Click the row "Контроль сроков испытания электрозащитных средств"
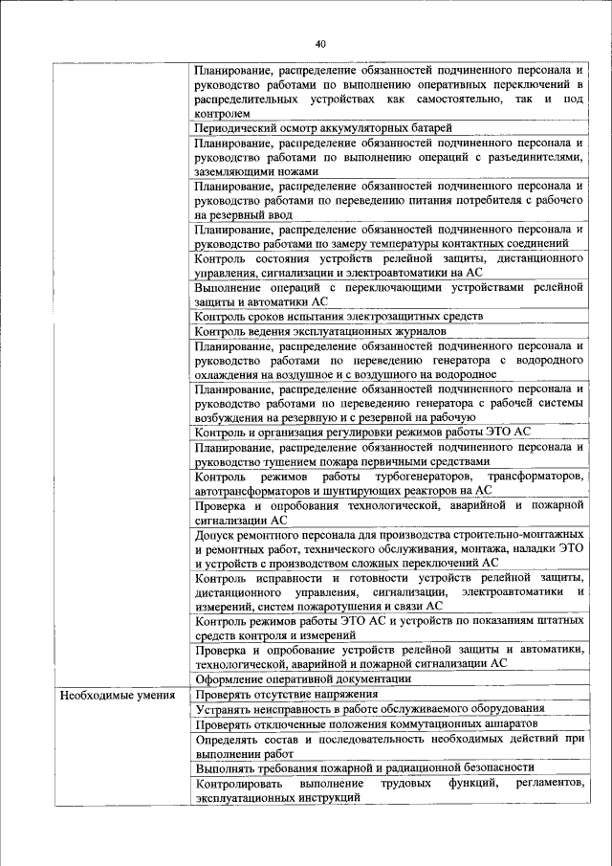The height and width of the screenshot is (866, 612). (338, 316)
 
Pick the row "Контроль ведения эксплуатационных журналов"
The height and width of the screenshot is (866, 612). (319, 331)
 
